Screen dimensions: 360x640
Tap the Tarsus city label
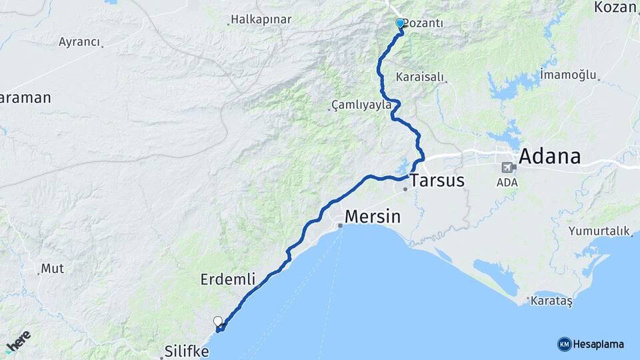click(x=437, y=180)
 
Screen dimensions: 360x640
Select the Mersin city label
click(x=373, y=217)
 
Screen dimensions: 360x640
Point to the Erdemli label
click(x=228, y=280)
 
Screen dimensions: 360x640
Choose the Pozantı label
click(x=423, y=23)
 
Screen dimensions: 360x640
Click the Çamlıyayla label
click(x=361, y=105)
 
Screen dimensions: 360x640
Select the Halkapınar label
click(x=261, y=19)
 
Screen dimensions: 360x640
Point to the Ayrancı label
click(x=79, y=42)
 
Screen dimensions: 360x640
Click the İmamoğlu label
click(x=568, y=74)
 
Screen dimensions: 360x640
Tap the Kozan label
click(x=617, y=7)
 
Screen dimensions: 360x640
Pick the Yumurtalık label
click(x=599, y=231)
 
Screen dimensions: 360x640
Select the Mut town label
click(x=53, y=269)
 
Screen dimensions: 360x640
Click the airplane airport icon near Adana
click(x=507, y=167)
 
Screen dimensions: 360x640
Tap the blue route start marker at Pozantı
click(x=400, y=23)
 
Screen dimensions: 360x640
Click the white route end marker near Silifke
click(x=218, y=321)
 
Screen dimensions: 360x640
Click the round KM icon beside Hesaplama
click(x=564, y=344)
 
